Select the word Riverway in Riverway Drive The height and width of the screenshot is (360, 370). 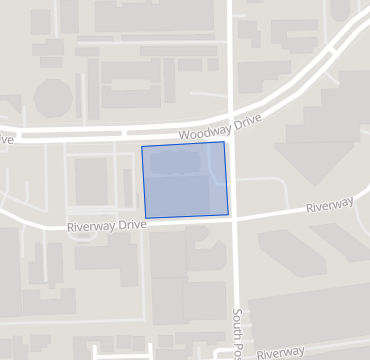tap(91, 227)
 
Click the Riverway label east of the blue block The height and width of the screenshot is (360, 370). tap(330, 206)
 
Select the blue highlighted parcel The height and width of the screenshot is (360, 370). tap(185, 181)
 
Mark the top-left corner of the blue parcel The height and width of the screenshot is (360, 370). tap(142, 147)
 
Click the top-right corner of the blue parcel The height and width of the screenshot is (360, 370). tap(223, 142)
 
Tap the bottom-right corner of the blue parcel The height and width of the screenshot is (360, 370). tap(228, 214)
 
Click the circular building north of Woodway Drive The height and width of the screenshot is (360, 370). tap(53, 98)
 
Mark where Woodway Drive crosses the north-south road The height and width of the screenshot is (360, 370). tap(232, 119)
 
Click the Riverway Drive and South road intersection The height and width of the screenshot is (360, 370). tap(236, 219)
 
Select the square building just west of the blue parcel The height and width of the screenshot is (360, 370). tap(92, 181)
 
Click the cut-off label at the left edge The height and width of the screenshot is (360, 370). tap(7, 139)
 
